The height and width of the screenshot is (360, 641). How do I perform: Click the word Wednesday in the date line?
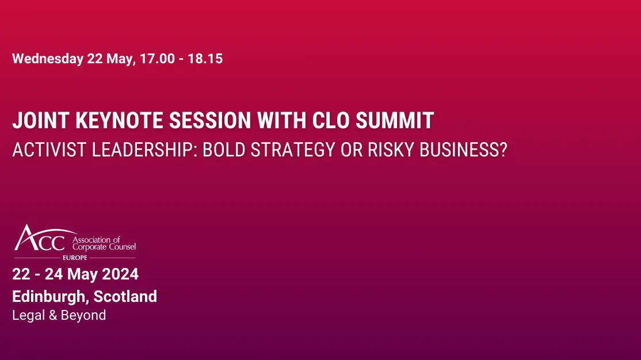pyautogui.click(x=48, y=59)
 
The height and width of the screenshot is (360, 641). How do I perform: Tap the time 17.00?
pyautogui.click(x=157, y=59)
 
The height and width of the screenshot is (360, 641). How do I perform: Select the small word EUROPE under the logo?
pyautogui.click(x=74, y=257)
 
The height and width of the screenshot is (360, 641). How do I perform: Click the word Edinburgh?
pyautogui.click(x=49, y=297)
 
